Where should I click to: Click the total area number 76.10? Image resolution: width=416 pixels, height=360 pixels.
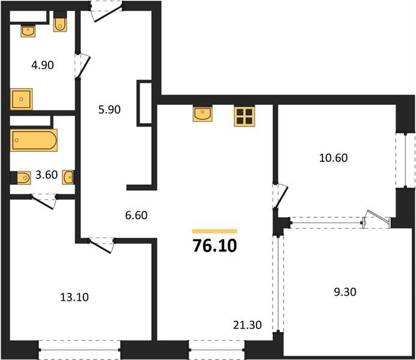click(215, 245)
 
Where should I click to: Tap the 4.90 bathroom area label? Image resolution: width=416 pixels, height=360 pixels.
click(43, 65)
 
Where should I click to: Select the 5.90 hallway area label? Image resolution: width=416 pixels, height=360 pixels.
click(109, 109)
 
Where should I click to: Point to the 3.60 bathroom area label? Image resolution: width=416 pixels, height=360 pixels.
click(46, 175)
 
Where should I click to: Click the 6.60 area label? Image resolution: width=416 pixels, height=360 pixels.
click(136, 215)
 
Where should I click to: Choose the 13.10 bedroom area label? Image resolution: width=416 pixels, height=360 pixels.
click(74, 297)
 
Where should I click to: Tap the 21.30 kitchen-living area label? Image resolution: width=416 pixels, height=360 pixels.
click(248, 325)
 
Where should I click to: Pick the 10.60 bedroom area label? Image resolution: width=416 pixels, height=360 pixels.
click(333, 158)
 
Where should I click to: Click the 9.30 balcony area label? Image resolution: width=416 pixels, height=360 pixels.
click(345, 292)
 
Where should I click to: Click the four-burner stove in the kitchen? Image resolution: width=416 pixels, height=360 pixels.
click(245, 116)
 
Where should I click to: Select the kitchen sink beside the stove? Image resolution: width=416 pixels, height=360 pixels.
click(203, 114)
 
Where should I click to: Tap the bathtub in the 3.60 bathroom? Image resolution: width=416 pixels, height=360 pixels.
click(34, 140)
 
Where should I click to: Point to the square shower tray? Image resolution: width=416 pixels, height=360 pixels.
click(21, 99)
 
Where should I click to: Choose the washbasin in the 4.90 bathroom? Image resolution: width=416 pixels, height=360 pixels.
click(28, 31)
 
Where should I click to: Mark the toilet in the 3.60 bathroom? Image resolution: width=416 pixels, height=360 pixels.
click(23, 178)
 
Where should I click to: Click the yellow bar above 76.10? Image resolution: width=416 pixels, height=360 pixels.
click(215, 231)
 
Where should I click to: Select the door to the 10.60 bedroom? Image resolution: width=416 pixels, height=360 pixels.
click(280, 196)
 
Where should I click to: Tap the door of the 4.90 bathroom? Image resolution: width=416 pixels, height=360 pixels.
click(83, 66)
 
